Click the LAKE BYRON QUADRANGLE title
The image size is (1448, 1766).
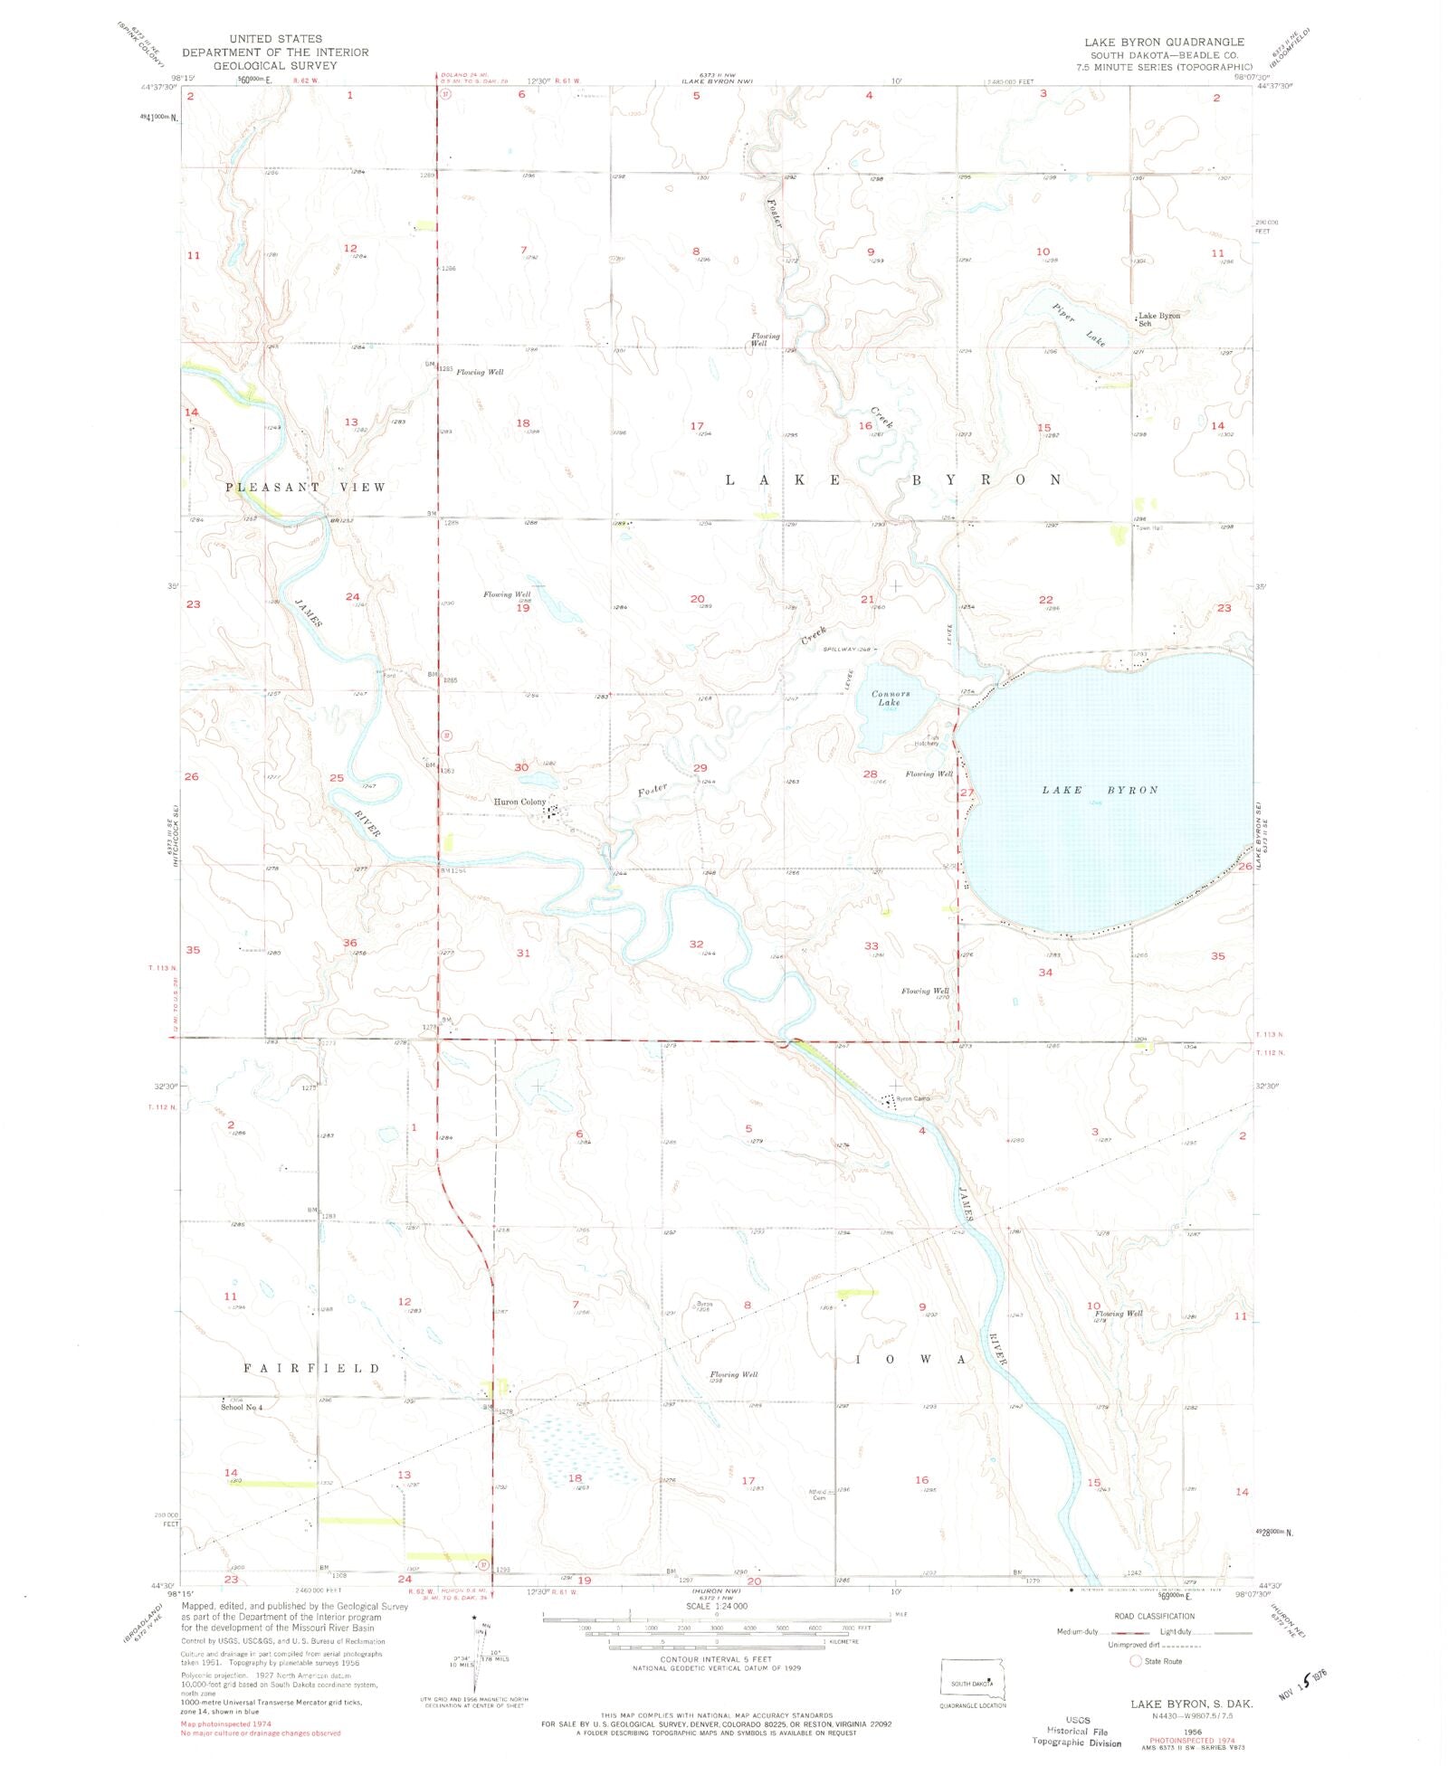1165,42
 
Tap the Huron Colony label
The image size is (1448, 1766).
519,802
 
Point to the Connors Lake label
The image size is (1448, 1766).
891,698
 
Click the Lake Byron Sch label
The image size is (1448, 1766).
1158,318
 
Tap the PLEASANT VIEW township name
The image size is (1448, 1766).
305,487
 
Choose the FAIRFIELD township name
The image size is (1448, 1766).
311,1368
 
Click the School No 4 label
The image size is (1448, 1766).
242,1407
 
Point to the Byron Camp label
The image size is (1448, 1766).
912,1098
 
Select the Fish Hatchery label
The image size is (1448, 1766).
926,739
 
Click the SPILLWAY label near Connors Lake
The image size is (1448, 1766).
846,649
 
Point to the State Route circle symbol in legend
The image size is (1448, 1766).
1136,1661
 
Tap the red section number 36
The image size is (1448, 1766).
349,942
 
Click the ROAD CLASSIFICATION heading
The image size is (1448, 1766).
1154,1616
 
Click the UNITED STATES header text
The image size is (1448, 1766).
274,39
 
